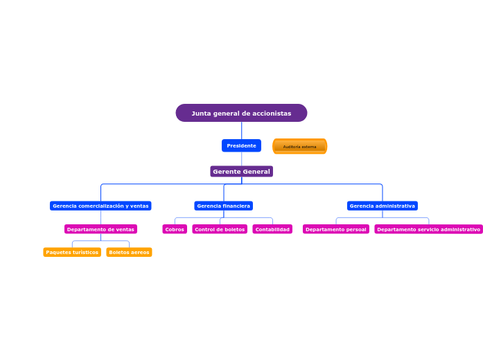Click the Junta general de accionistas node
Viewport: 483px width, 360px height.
click(241, 113)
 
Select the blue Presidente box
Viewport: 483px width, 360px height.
click(241, 145)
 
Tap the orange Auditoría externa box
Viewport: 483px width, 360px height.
click(299, 146)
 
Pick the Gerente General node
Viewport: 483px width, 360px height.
click(241, 171)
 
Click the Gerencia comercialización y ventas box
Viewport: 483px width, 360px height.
click(100, 206)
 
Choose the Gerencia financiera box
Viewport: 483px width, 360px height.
click(223, 206)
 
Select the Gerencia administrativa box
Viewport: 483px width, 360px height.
click(382, 206)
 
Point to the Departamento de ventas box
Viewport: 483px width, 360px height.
click(100, 229)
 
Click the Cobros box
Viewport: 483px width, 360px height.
click(175, 229)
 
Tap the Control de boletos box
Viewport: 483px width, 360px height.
click(220, 229)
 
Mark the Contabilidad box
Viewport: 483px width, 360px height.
click(272, 229)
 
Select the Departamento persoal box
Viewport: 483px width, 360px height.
click(335, 229)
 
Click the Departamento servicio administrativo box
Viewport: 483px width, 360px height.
click(428, 229)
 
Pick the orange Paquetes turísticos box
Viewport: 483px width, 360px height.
click(72, 252)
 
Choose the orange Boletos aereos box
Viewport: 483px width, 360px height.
click(129, 252)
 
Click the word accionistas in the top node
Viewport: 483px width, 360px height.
click(272, 113)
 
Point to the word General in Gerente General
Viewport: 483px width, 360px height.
click(256, 171)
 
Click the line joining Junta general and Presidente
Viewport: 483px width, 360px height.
click(241, 130)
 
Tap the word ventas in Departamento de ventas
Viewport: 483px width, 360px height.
click(125, 229)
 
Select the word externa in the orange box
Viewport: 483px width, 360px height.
click(308, 147)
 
